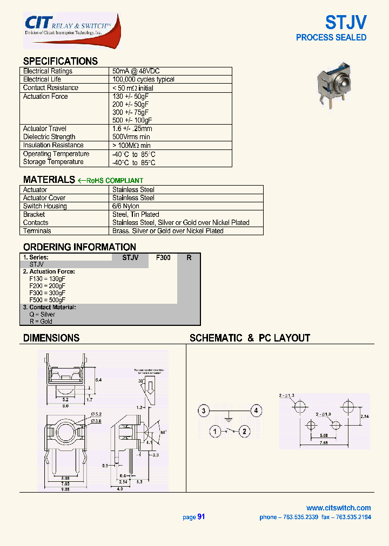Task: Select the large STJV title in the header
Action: point(346,22)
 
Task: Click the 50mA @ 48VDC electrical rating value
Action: point(136,71)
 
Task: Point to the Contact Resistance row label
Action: point(50,88)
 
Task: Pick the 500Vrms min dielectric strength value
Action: point(131,137)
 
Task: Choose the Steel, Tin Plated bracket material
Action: point(136,214)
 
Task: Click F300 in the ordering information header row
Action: point(163,258)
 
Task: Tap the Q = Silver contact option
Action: point(42,315)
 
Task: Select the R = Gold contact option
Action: point(41,322)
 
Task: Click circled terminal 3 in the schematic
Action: point(203,412)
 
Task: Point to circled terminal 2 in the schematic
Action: point(244,431)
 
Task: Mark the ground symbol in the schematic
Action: point(229,417)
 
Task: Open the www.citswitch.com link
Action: point(338,508)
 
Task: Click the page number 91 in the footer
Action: point(201,517)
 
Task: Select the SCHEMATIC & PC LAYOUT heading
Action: point(250,338)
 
